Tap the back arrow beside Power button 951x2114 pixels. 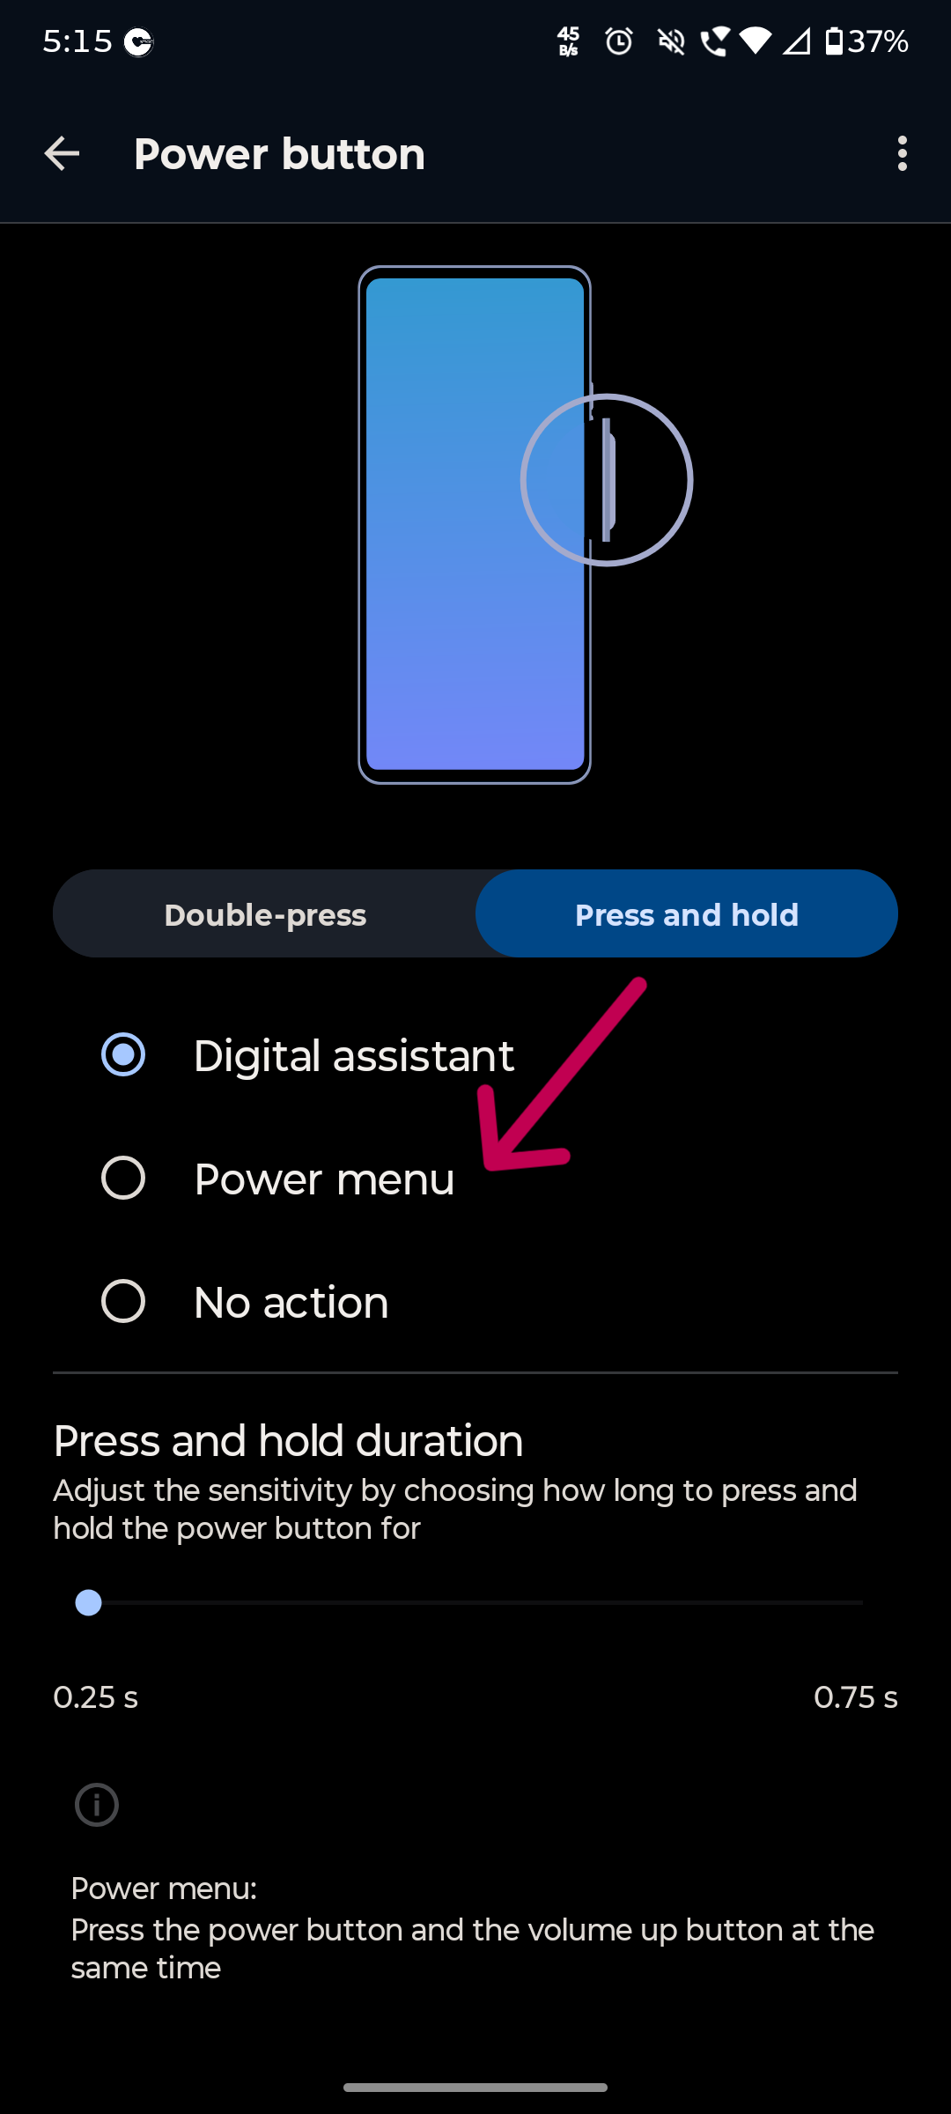coord(62,154)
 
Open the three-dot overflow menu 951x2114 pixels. coord(902,154)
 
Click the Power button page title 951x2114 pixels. coord(279,154)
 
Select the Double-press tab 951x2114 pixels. coord(265,914)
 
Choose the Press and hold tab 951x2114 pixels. coord(687,914)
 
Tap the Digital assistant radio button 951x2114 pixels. coord(123,1054)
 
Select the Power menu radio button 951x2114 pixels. coord(123,1178)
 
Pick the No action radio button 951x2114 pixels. coord(123,1301)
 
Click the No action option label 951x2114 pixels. coord(291,1302)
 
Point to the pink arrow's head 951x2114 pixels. coord(490,1164)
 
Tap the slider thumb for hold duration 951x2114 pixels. coord(88,1602)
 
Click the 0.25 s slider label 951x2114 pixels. coord(95,1697)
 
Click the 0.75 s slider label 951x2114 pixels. coord(855,1697)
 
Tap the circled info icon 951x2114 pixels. coord(97,1805)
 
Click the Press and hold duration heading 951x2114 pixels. coord(288,1441)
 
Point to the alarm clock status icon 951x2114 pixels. coord(619,41)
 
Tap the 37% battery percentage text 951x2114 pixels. coord(878,41)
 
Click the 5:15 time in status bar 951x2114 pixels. coord(77,41)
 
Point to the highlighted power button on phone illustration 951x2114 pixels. coord(608,480)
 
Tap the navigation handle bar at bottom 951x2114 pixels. coord(475,2087)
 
